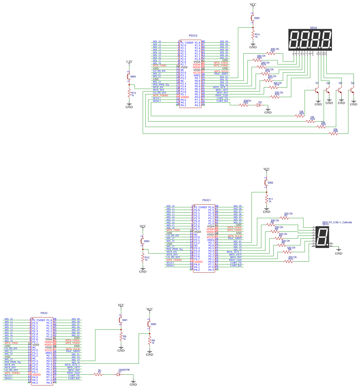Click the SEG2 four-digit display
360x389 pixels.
tap(310, 40)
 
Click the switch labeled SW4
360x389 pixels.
tap(128, 77)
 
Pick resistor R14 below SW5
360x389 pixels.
tap(253, 35)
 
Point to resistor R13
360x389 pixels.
tap(129, 94)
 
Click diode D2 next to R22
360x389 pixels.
tap(259, 105)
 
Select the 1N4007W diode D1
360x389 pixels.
tap(119, 374)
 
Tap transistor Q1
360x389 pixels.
tap(316, 89)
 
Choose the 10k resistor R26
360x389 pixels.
tap(333, 134)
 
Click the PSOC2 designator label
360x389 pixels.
tap(193, 36)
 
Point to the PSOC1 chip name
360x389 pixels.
tap(207, 200)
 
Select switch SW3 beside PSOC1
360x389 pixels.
tap(142, 241)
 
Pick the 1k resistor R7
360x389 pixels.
tap(99, 374)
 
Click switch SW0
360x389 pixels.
tap(149, 324)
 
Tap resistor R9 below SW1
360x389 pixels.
tap(121, 338)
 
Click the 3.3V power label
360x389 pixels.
tap(129, 62)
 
